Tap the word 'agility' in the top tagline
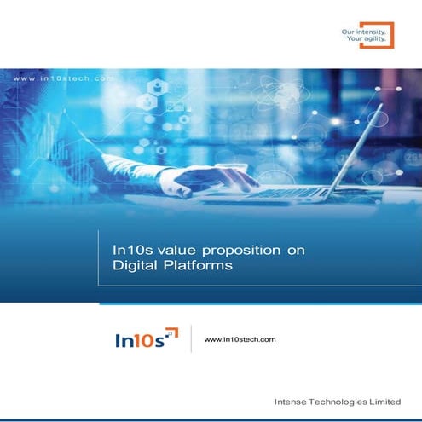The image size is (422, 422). click(x=373, y=39)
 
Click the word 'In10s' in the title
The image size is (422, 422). click(x=130, y=251)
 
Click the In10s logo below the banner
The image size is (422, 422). click(x=146, y=339)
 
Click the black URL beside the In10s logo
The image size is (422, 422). click(x=240, y=339)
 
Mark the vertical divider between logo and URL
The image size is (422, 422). click(x=190, y=338)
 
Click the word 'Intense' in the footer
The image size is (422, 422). click(x=291, y=401)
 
